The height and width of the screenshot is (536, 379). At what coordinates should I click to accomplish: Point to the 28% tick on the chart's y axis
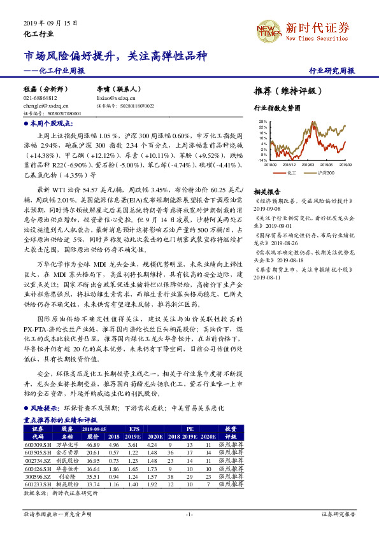pyautogui.click(x=263, y=120)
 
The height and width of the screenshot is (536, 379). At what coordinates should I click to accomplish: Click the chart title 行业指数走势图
pyautogui.click(x=276, y=109)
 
